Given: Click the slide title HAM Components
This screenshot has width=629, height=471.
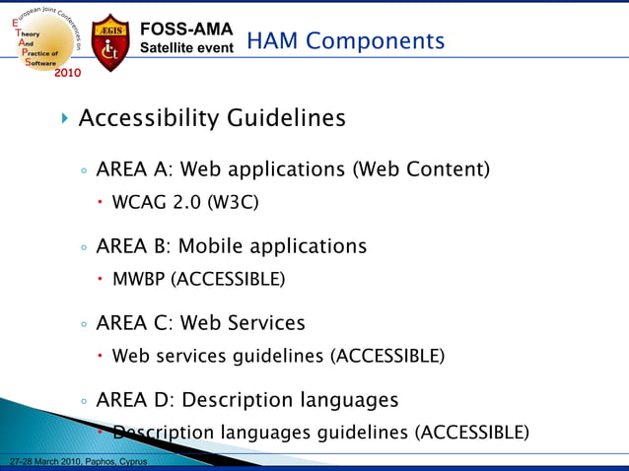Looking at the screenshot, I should pyautogui.click(x=345, y=40).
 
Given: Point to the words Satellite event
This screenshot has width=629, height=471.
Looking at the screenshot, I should pyautogui.click(x=186, y=46).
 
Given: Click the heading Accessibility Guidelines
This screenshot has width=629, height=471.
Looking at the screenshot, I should pyautogui.click(x=211, y=118).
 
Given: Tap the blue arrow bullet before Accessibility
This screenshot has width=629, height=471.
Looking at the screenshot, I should pyautogui.click(x=65, y=119).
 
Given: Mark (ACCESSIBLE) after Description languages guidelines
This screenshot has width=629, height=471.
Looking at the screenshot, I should pyautogui.click(x=471, y=433).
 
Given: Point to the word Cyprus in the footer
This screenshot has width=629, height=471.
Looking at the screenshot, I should pyautogui.click(x=129, y=462).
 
